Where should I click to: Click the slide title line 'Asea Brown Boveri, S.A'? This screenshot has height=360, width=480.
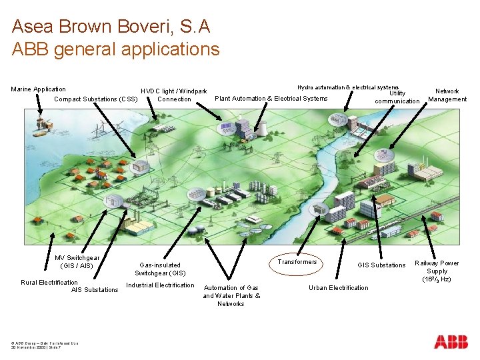111,27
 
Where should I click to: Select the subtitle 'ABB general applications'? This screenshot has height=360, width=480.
115,49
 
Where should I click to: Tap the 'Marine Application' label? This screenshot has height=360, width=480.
39,89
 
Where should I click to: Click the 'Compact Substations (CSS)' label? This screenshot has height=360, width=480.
95,99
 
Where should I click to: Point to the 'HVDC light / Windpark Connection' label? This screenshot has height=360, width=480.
173,95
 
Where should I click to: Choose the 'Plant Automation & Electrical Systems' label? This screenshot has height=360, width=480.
271,99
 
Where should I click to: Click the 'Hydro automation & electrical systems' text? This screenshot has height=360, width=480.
347,87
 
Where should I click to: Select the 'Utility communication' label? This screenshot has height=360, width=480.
397,97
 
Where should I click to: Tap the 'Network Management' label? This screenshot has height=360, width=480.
447,95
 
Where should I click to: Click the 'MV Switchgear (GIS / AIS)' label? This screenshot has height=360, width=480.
77,262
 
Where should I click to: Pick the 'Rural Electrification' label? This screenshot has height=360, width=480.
49,283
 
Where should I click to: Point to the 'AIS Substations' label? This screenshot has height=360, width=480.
95,290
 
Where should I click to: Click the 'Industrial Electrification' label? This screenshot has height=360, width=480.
160,286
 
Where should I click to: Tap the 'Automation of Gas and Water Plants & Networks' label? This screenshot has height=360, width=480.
231,296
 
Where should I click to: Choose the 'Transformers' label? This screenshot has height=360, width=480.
297,262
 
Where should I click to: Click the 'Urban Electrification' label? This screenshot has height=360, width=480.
338,288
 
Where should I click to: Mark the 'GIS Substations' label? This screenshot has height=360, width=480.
381,265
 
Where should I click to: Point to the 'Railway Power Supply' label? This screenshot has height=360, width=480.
437,271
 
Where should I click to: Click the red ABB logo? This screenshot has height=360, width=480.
451,342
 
